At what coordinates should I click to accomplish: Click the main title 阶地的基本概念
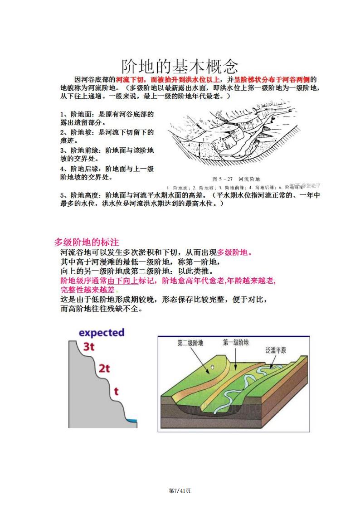[x=180, y=66]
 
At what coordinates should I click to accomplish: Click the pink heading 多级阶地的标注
[x=87, y=242]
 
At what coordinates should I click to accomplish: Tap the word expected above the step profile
[x=102, y=332]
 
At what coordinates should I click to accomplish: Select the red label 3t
[x=89, y=347]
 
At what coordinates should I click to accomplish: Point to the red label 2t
[x=104, y=368]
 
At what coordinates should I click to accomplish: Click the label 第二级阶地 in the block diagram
[x=190, y=343]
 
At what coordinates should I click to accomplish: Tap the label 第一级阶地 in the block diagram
[x=236, y=343]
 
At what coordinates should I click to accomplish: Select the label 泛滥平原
[x=276, y=350]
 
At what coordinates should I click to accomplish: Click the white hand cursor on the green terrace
[x=212, y=367]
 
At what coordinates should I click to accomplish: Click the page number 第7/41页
[x=180, y=491]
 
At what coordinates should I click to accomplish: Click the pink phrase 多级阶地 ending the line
[x=233, y=252]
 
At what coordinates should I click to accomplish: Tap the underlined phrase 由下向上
[x=123, y=281]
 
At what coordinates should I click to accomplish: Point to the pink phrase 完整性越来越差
[x=87, y=290]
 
